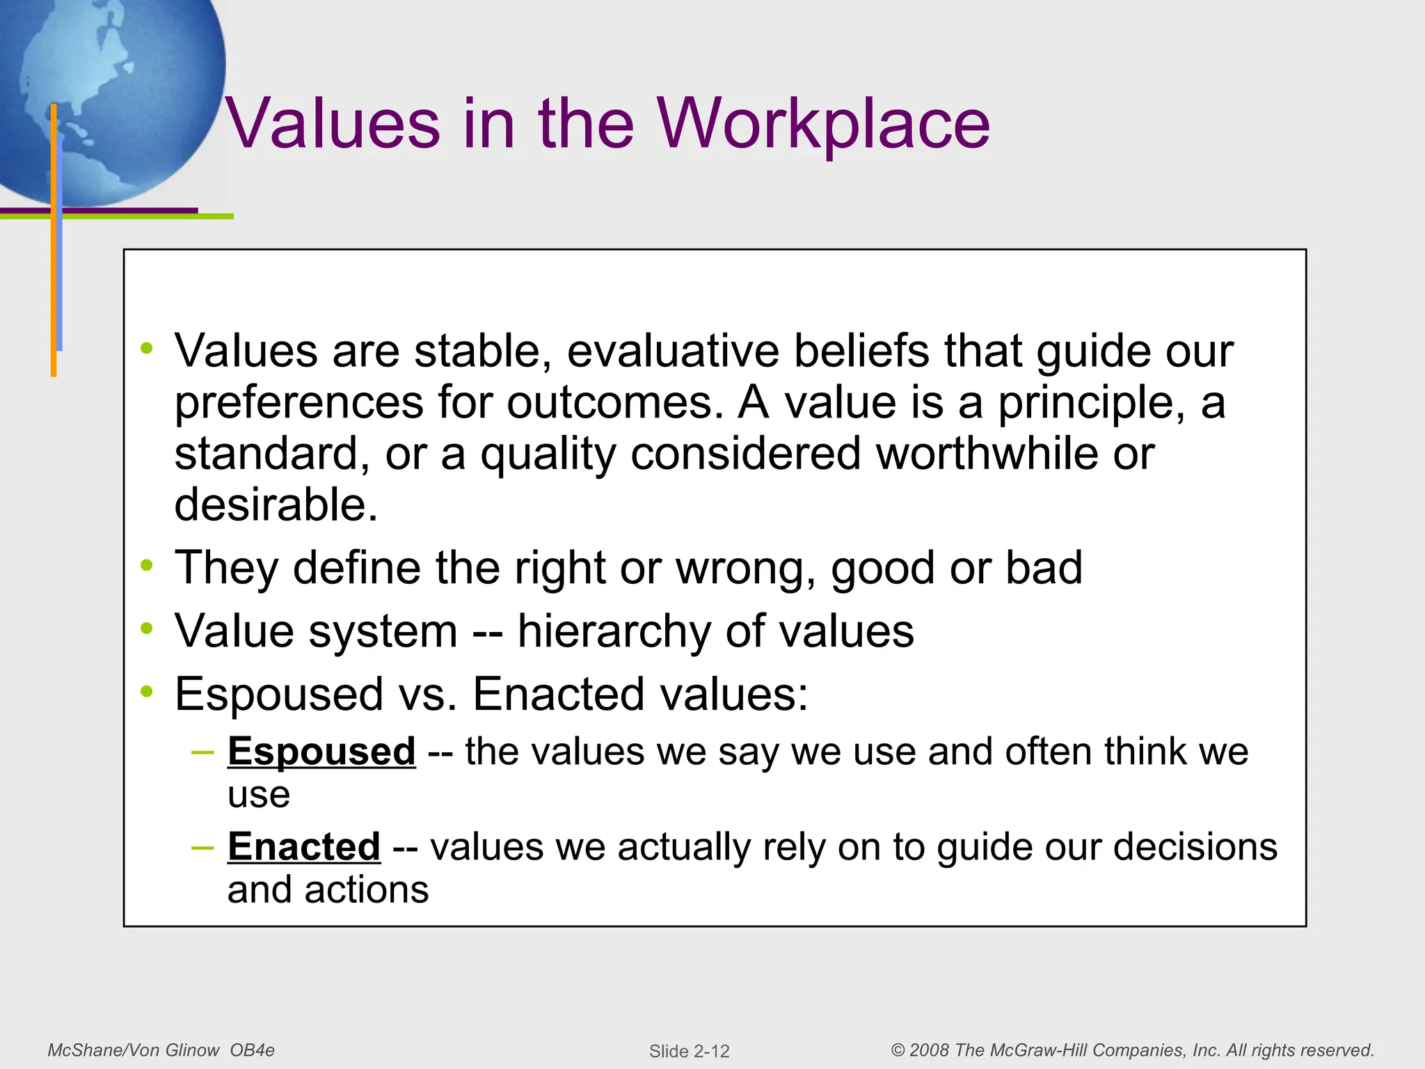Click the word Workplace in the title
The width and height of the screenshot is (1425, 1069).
(x=824, y=123)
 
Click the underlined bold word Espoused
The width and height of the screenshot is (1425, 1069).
(x=321, y=752)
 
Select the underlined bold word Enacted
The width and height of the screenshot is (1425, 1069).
(x=304, y=847)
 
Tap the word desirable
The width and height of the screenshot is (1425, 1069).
(x=276, y=505)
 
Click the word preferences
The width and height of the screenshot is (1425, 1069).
(x=298, y=403)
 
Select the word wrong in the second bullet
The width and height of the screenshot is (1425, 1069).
(x=745, y=568)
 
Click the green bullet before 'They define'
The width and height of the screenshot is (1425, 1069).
(x=146, y=566)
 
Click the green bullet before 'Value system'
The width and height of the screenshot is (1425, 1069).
(x=146, y=629)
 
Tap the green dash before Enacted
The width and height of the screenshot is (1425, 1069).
(x=202, y=847)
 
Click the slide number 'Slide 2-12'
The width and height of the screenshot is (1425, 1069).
(x=689, y=1051)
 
